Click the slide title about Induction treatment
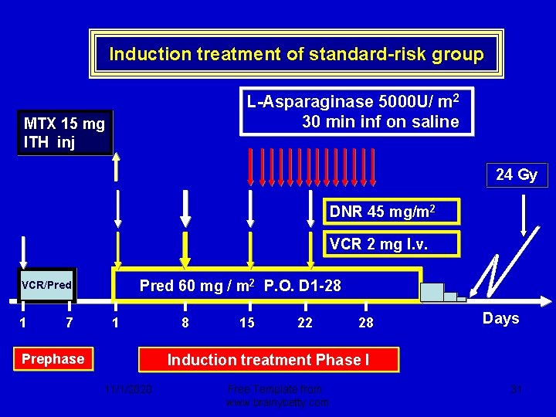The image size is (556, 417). pos(297,54)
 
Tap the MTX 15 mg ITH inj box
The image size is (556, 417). pos(65,133)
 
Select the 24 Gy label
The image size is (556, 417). pos(517,175)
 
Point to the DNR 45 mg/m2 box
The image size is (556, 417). pos(391,212)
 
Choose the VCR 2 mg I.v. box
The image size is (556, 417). pos(391,245)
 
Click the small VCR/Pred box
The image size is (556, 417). pos(46,286)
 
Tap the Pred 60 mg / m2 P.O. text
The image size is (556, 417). pos(240,286)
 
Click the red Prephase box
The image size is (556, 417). pos(53,359)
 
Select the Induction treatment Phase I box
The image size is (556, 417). pos(269,360)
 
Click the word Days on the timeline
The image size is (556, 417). pos(500,318)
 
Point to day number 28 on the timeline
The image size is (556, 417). pos(366,323)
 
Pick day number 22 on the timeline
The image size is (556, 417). pos(305,323)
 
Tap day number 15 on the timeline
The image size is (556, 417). pos(246,323)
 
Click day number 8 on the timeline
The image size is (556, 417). pos(185,323)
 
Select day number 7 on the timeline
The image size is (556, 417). pos(69,323)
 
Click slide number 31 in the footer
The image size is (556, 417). pos(517,390)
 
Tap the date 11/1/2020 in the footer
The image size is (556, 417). pos(129,390)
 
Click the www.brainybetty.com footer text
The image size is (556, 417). pos(277,402)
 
